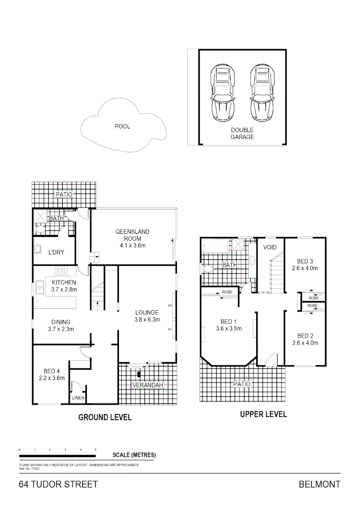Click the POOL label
pos(122,127)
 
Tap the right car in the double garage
pos(262,93)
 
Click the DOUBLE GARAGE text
pos(242,134)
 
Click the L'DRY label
pos(56,253)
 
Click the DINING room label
pos(60,323)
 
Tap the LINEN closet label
pos(78,399)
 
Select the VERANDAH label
pos(148,385)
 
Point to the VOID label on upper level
pos(270,247)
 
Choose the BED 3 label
pos(305,261)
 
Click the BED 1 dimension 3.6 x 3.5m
pos(229,329)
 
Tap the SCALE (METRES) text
pos(134,455)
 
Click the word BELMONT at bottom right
pos(319,484)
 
